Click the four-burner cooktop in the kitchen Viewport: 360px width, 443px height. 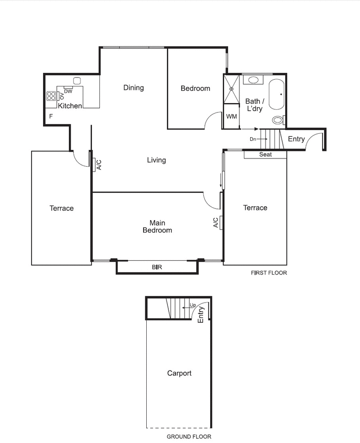(x=51, y=95)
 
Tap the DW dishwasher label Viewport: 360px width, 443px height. (x=68, y=91)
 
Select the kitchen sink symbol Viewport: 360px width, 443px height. (x=77, y=81)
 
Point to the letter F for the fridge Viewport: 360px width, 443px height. (x=51, y=117)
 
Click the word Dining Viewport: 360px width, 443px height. (x=134, y=88)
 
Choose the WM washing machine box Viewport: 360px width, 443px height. (x=231, y=116)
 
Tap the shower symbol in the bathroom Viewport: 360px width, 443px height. (x=232, y=89)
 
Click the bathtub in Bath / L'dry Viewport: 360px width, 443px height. (x=276, y=94)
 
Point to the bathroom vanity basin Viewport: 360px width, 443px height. (x=254, y=80)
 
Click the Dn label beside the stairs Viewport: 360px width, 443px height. (x=253, y=139)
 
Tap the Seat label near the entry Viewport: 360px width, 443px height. (x=265, y=154)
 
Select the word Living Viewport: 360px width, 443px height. (x=157, y=160)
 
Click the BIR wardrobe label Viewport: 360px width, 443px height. (x=157, y=267)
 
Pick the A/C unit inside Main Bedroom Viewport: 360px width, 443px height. (x=216, y=222)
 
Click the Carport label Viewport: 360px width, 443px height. (x=179, y=373)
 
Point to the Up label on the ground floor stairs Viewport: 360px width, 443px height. (x=193, y=305)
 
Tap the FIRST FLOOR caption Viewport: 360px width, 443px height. (x=269, y=273)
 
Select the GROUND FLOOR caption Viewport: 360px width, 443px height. (x=189, y=436)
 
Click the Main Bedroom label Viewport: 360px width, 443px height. (x=157, y=226)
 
